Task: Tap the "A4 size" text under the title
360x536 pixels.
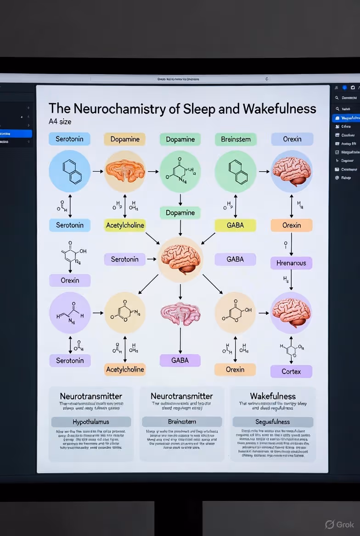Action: (60, 122)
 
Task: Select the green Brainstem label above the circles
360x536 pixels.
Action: (236, 139)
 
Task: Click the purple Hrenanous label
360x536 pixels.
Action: (291, 263)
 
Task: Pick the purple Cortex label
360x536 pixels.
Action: (291, 371)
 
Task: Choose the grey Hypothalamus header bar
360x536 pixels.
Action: (91, 422)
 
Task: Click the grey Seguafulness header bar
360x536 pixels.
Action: (273, 422)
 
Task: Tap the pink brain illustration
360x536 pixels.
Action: (180, 313)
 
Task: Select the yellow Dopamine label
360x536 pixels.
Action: (125, 139)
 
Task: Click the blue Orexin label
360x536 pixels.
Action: (292, 139)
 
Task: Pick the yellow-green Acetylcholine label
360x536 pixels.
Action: (125, 225)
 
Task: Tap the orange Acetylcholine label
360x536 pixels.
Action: (125, 369)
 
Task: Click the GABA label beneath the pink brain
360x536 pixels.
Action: (180, 360)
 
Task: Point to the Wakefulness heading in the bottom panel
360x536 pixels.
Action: (273, 396)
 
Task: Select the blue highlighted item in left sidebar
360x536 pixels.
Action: (16, 134)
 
